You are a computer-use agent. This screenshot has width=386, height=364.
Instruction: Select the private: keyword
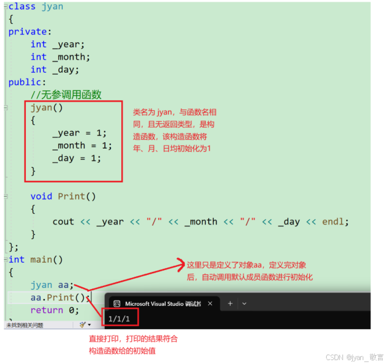tap(28, 32)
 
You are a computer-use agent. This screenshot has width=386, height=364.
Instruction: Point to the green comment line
tap(66, 95)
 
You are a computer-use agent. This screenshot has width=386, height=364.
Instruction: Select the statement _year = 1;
tap(79, 133)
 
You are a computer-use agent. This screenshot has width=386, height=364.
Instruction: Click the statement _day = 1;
tap(76, 158)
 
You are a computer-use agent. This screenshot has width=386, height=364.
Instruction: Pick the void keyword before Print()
tap(41, 197)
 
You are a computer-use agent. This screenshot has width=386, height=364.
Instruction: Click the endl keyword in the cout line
tap(334, 222)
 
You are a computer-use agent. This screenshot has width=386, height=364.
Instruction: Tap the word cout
tap(63, 222)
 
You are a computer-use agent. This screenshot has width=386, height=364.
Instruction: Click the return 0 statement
tap(54, 311)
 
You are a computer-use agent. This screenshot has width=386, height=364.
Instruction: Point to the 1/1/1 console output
tap(119, 318)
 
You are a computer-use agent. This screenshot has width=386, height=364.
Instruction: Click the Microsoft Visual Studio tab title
tap(163, 304)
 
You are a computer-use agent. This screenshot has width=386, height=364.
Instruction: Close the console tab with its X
tap(210, 304)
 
